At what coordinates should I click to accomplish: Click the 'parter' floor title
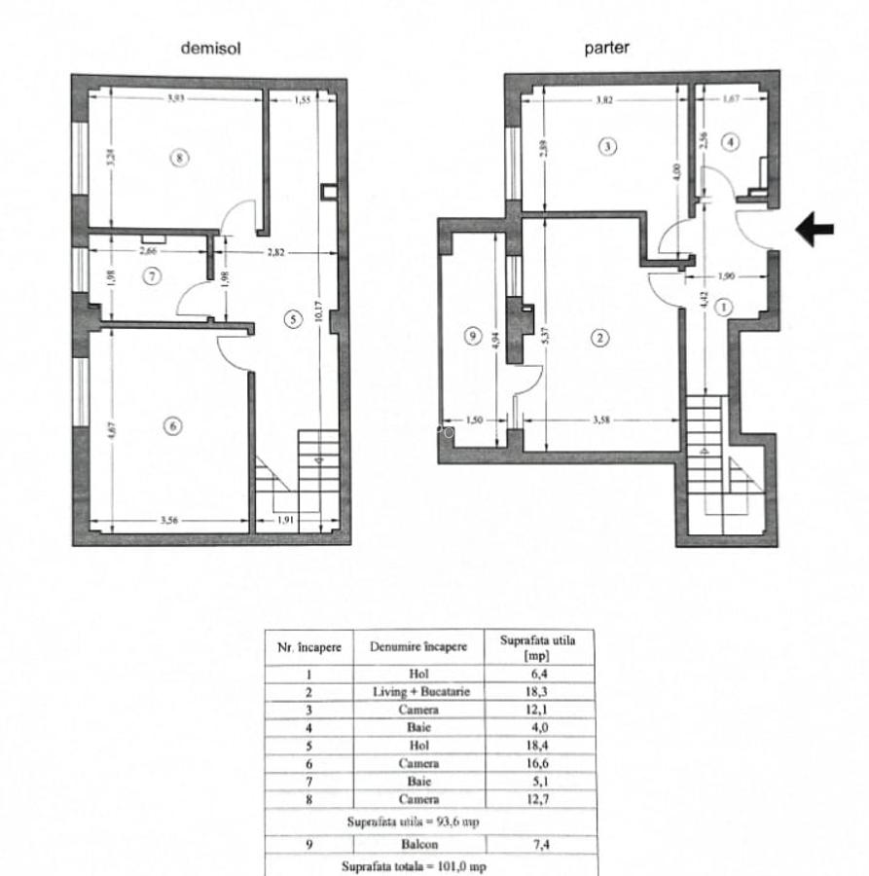(606, 48)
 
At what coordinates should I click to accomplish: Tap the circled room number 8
(178, 157)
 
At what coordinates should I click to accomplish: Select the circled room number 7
(150, 276)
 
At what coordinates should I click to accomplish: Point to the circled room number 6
(172, 425)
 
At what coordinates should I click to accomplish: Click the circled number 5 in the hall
(290, 317)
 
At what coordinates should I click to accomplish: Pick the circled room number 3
(606, 146)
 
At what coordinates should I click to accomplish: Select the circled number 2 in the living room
(600, 338)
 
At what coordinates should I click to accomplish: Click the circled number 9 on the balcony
(472, 336)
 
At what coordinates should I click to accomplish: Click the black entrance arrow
(815, 230)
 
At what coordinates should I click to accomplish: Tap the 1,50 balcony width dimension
(474, 420)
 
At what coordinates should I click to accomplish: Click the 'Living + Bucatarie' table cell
(417, 691)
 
